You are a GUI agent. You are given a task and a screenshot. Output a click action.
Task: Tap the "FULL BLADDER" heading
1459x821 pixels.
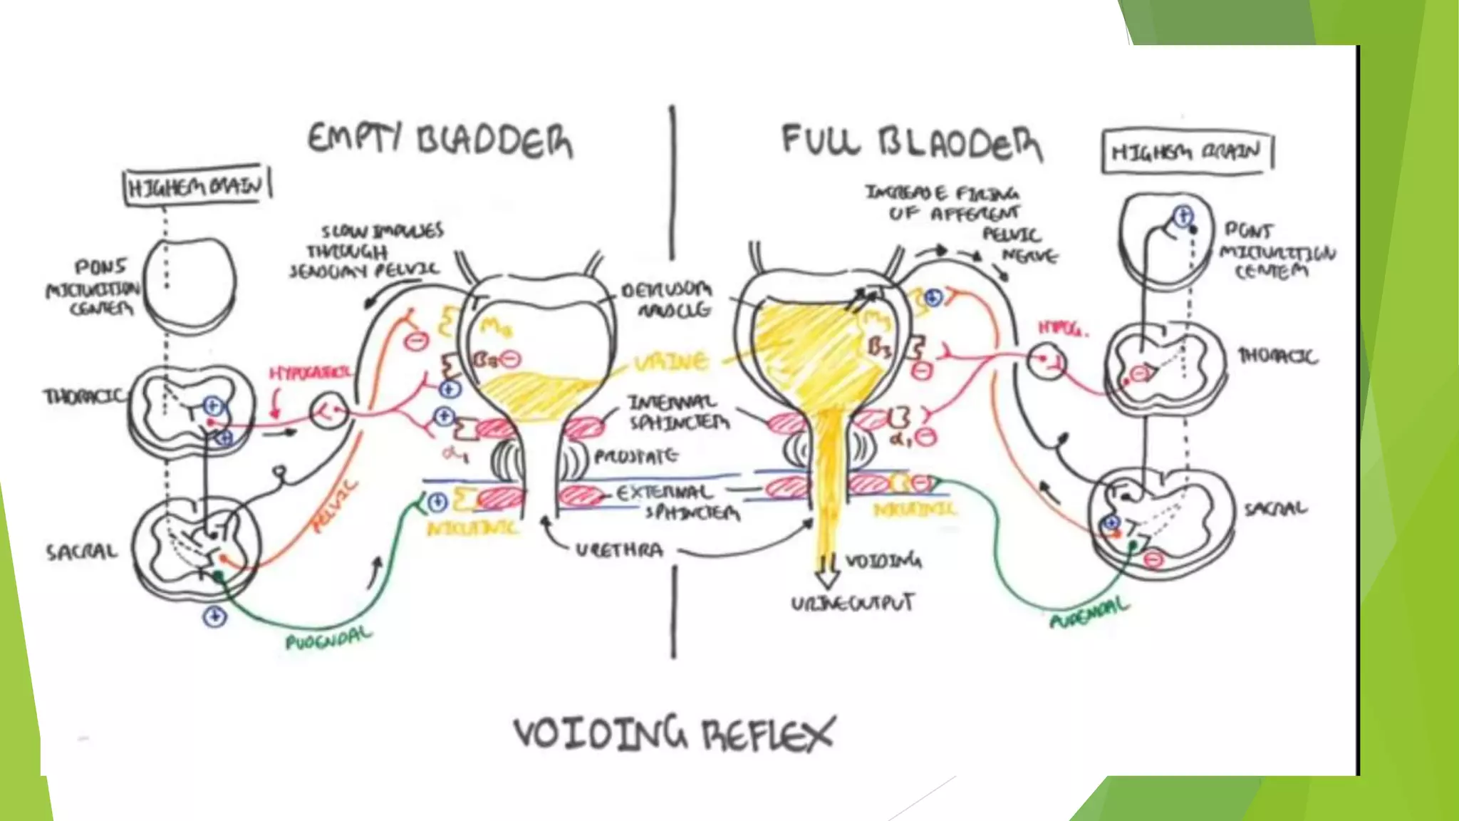tap(911, 142)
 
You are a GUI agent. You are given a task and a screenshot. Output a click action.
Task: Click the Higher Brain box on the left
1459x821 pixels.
tap(197, 187)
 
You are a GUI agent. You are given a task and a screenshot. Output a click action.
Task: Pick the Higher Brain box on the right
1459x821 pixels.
tap(1186, 151)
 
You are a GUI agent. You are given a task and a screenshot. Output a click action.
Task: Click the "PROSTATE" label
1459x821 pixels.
tap(636, 455)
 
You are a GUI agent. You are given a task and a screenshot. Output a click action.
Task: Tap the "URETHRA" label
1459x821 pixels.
tap(619, 550)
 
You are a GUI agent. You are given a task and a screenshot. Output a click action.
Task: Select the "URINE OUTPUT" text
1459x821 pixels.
tap(852, 604)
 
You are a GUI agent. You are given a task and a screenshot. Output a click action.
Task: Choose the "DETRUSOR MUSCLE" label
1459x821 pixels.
tap(666, 299)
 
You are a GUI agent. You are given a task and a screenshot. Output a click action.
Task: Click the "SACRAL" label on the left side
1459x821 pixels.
tap(81, 552)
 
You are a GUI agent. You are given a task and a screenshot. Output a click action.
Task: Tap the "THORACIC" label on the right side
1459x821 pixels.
tap(1278, 356)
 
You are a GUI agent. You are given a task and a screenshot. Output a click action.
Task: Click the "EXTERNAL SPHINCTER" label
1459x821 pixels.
tap(675, 502)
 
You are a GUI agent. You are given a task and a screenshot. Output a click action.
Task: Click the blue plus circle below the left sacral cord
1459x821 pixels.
tap(214, 616)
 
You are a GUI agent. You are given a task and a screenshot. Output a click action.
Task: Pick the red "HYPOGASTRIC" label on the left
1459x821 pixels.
tap(309, 373)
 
